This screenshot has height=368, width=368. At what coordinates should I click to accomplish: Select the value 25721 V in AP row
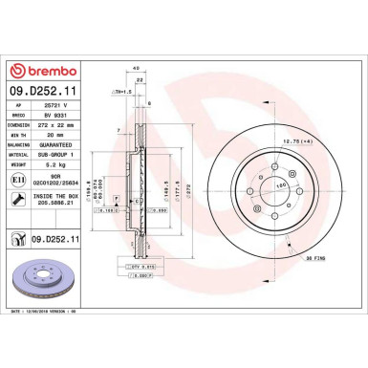[x=62, y=110]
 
